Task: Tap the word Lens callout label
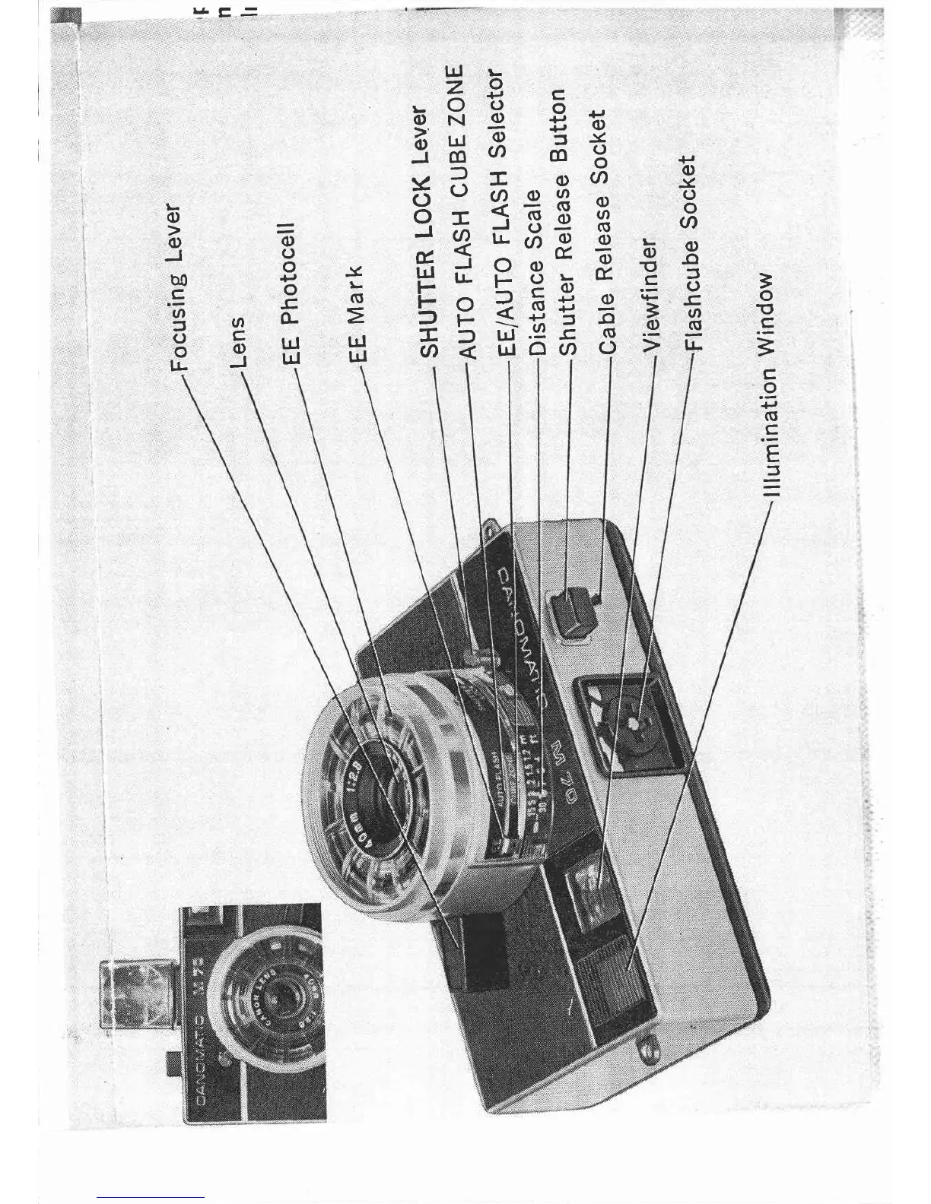click(237, 341)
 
